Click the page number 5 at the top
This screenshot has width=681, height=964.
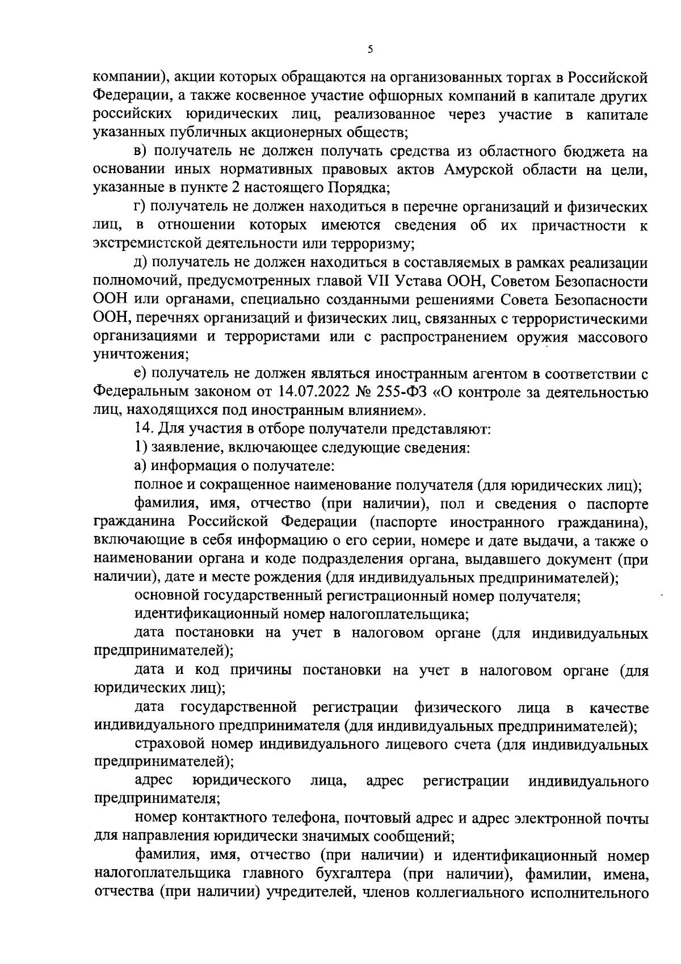point(370,50)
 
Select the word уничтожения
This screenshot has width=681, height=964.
point(141,354)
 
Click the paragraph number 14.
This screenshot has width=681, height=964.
point(142,428)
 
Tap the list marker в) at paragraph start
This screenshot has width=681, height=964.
point(141,152)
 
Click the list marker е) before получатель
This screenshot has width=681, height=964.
point(141,373)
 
